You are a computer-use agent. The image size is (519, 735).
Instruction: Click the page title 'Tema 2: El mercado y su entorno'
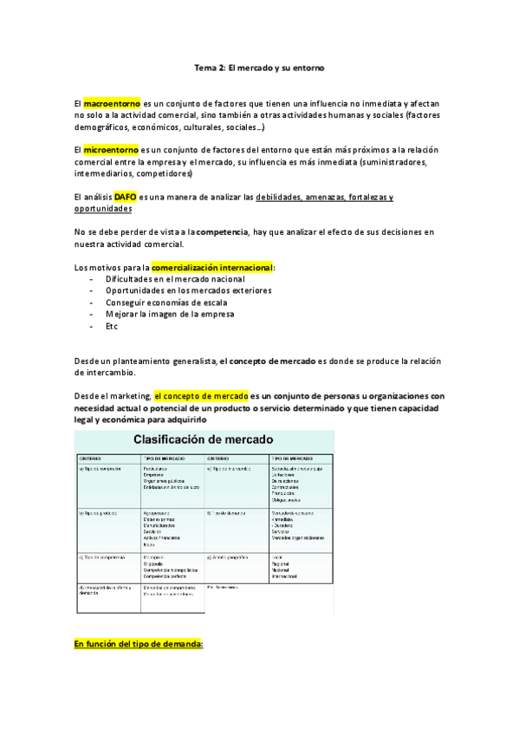[x=259, y=65]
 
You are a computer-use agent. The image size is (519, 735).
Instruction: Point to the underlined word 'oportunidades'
[x=104, y=208]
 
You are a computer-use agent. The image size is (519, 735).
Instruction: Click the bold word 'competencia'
[x=220, y=232]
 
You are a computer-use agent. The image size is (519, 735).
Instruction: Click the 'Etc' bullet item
[x=112, y=326]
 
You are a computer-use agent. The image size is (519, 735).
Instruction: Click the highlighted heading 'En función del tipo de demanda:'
[x=139, y=644]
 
